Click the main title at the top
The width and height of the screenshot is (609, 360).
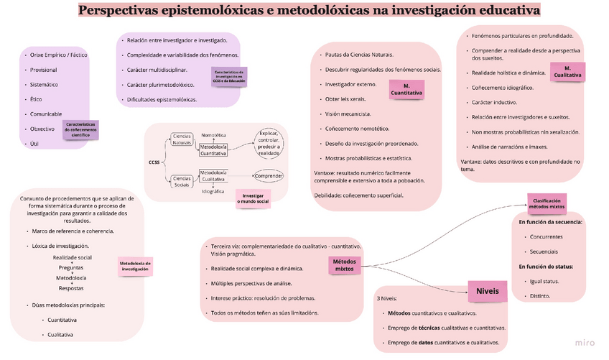[x=309, y=11]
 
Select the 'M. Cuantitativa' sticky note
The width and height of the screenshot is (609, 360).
[x=406, y=89]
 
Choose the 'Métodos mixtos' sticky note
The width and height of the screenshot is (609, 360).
[x=345, y=265]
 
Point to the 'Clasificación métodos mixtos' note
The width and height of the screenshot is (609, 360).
[x=547, y=203]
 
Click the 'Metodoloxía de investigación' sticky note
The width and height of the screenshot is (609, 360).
[x=134, y=266]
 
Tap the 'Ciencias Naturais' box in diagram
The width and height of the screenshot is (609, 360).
[x=182, y=139]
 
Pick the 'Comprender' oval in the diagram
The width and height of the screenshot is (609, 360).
[x=269, y=176]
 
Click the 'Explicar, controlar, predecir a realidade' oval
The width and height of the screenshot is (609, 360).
[x=268, y=142]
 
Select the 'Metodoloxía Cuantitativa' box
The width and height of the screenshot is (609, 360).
[x=213, y=149]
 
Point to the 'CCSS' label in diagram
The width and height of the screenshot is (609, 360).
[x=154, y=162]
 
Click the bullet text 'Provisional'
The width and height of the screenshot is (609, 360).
[x=44, y=70]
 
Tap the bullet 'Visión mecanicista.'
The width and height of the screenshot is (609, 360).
[x=348, y=114]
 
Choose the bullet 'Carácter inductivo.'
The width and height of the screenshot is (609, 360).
[x=496, y=102]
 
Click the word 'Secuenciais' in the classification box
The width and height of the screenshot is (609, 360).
[x=544, y=251]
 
